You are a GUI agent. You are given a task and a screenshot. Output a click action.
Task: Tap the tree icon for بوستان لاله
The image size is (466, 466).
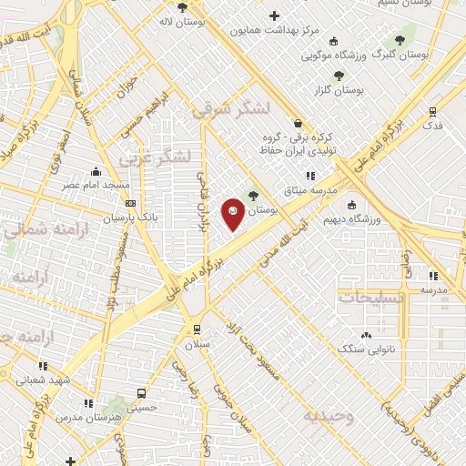(x=183, y=7)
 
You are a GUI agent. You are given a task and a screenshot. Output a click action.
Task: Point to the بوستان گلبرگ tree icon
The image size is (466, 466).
(x=399, y=41)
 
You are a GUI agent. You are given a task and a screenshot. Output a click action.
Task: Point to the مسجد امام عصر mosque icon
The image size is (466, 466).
(x=96, y=171)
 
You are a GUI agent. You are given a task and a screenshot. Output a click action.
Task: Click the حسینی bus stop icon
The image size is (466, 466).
(x=141, y=393)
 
